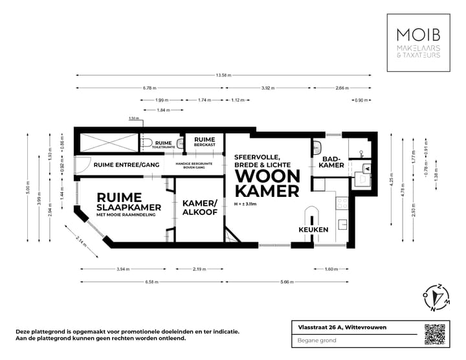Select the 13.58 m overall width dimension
click(223, 75)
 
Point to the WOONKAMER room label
click(267, 183)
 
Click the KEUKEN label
click(313, 230)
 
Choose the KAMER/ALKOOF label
click(200, 208)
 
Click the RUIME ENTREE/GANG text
click(126, 165)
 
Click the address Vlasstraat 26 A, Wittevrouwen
click(338, 327)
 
